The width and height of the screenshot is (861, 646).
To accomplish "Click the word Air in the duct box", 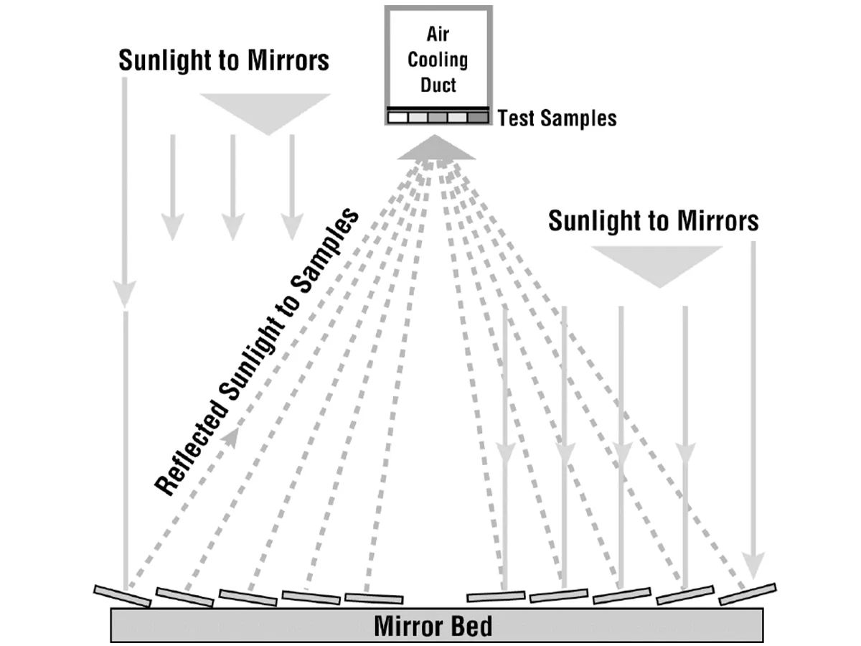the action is [x=438, y=34].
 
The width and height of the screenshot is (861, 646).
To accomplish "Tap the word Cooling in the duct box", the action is [x=438, y=60].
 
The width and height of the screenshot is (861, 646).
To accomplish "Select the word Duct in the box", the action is [x=438, y=85].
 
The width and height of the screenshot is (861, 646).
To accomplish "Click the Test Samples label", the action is [x=557, y=118].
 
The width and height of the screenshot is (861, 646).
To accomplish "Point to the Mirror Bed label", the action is [x=433, y=626].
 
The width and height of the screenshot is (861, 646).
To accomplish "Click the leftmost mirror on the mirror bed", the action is [x=123, y=596].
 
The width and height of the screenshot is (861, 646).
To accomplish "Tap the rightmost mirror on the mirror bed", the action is [x=748, y=594].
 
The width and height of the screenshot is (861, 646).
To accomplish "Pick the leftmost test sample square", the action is [x=397, y=117].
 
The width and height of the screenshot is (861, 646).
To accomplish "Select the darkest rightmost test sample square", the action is [x=478, y=117].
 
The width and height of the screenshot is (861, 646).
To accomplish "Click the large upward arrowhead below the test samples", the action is [x=436, y=148].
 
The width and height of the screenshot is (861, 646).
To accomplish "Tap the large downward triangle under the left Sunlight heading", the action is [x=265, y=114].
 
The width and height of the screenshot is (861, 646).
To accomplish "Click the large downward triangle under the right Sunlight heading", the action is [x=657, y=267].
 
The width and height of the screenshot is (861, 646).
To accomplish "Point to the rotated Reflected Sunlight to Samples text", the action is [x=257, y=352].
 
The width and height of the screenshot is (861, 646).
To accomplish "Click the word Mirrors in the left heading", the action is [x=288, y=60].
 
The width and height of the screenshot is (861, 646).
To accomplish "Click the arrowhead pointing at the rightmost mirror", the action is [x=753, y=565].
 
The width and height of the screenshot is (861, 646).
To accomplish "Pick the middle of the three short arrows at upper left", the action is [x=233, y=187].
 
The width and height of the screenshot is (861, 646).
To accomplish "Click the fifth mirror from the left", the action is [x=374, y=599].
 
